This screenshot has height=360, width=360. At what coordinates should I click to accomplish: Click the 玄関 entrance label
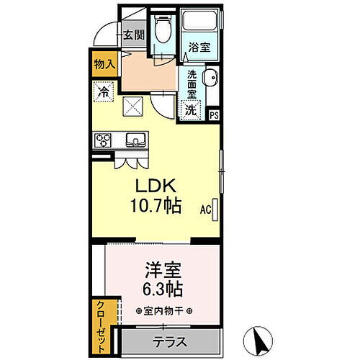click(x=134, y=34)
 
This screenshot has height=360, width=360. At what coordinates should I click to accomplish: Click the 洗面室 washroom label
click(x=192, y=84)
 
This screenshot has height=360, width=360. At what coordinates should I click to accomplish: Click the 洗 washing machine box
click(x=191, y=110)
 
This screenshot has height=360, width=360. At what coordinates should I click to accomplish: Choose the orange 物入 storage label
click(x=104, y=64)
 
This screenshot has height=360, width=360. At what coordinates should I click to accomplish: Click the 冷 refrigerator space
click(x=104, y=91)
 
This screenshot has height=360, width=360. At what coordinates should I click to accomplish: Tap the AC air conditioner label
click(x=205, y=211)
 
